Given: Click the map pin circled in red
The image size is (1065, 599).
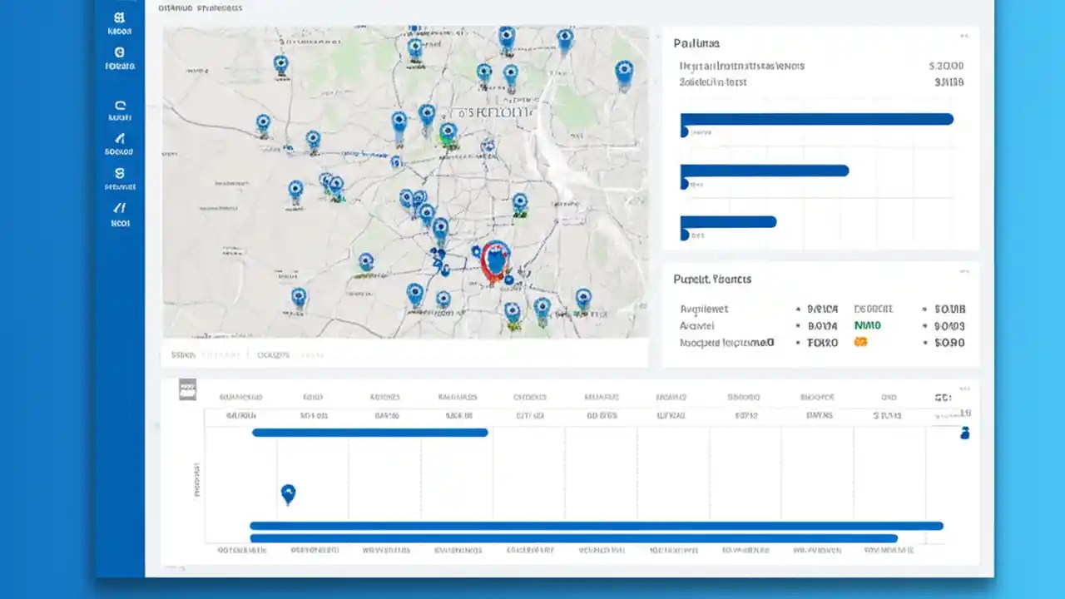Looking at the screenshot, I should [495, 260].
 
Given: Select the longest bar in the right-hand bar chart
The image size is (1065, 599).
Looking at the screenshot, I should [816, 119].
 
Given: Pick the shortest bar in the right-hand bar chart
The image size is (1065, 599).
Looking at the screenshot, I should [728, 222].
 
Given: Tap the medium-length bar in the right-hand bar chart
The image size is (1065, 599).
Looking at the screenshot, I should [764, 171].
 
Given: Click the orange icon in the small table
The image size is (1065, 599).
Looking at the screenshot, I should [861, 342].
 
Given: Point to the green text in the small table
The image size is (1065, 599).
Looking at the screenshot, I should [867, 326].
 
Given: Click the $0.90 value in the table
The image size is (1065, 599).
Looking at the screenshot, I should [949, 343].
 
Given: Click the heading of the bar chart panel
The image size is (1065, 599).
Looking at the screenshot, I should [696, 43].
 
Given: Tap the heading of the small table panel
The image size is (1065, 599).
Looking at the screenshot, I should [712, 280].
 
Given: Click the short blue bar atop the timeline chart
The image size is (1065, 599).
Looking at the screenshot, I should [369, 433].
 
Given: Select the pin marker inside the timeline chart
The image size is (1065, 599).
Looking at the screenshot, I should [288, 494].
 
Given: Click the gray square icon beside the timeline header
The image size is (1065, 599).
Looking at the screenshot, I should [188, 389].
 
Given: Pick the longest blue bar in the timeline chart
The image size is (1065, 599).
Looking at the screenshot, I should [597, 526].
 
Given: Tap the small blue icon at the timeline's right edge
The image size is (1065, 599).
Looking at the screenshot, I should [965, 433].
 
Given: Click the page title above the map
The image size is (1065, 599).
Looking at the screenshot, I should [200, 8].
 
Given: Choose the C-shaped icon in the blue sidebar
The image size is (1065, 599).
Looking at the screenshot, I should [120, 106].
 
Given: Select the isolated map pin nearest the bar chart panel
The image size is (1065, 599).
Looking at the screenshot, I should [623, 73].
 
